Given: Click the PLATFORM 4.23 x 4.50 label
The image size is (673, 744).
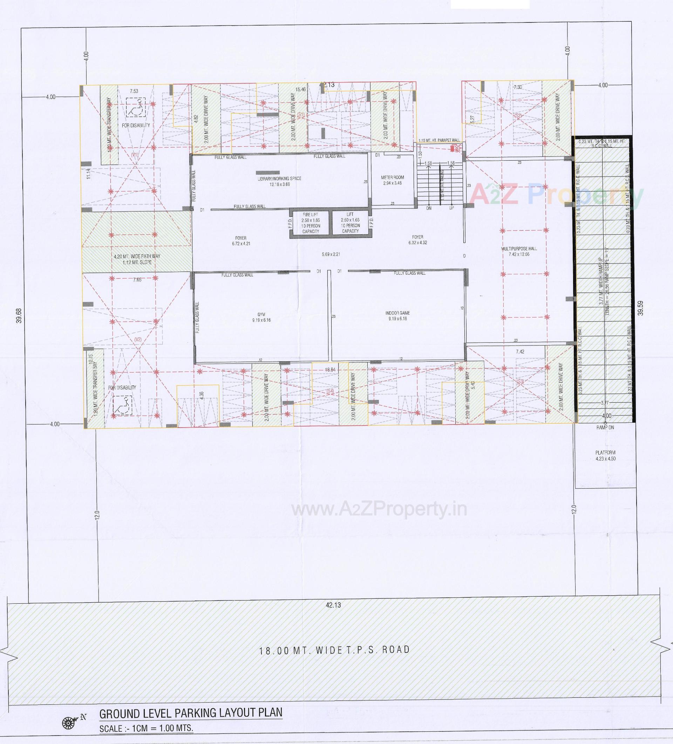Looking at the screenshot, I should tap(605, 455).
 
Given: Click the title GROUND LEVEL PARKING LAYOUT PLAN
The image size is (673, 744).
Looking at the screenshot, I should tap(191, 713).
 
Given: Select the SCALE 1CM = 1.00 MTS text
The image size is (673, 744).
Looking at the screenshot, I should tap(147, 728).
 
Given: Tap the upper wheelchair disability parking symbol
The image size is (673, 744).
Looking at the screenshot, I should tap(135, 107).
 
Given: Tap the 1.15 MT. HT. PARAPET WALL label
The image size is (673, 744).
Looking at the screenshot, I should tap(439, 140).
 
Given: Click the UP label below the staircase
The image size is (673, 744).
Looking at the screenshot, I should tap(451, 208).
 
